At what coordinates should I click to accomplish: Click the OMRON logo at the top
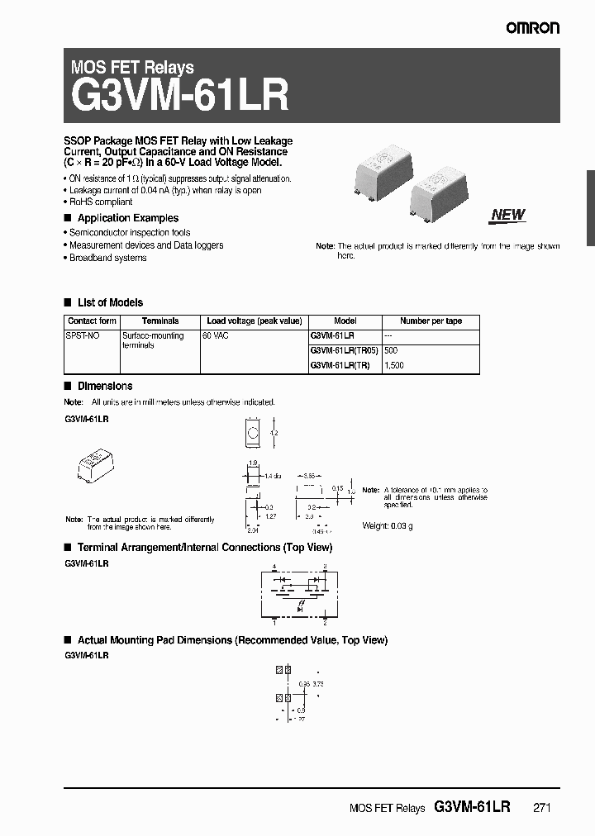533,27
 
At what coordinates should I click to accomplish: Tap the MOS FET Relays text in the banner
133,68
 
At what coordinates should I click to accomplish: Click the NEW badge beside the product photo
507,215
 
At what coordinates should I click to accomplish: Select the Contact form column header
92,321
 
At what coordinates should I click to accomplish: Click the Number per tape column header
431,321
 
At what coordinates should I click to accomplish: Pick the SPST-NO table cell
81,336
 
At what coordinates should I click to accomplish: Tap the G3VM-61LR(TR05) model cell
344,350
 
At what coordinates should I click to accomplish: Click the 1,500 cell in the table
394,365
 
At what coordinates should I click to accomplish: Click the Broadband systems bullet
107,258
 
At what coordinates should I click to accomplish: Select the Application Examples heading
127,218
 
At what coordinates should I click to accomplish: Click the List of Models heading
110,302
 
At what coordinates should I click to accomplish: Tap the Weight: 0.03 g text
388,525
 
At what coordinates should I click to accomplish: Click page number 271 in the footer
540,809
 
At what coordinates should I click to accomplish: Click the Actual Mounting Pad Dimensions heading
231,640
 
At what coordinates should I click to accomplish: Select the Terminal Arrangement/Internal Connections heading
204,548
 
